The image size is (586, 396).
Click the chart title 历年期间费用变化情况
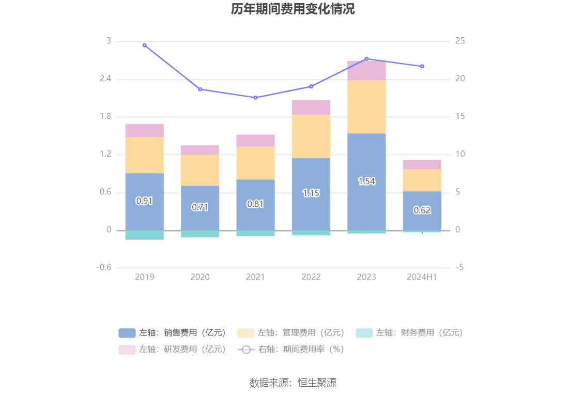[x=292, y=9]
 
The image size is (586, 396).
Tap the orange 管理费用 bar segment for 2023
[x=366, y=106]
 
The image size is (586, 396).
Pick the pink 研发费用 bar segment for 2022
[x=311, y=108]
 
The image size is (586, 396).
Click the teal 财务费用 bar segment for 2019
[x=144, y=235]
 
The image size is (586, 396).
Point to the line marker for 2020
[x=200, y=89]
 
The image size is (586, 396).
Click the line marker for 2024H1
[x=422, y=66]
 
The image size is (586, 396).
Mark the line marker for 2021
[x=255, y=98]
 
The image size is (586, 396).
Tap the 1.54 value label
[x=366, y=181]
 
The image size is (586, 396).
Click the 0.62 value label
[x=422, y=210]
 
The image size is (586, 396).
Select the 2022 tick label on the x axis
[x=311, y=277]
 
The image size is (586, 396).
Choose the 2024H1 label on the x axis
[x=422, y=277]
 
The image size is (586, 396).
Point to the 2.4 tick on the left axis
[x=105, y=79]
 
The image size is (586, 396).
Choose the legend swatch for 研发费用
[x=127, y=349]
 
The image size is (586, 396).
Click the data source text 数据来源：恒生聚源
[x=292, y=383]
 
